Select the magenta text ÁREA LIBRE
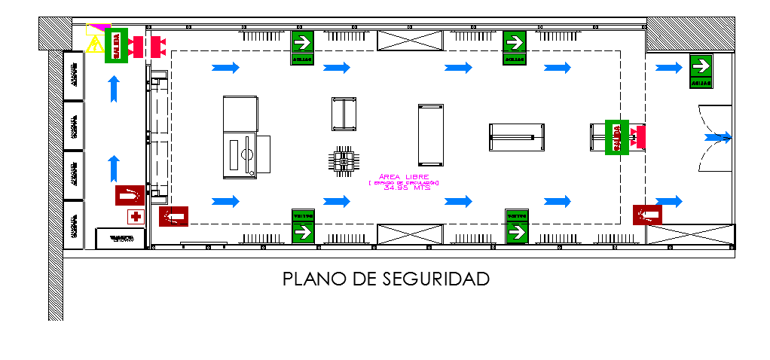pyautogui.click(x=405, y=177)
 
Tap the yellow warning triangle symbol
pyautogui.click(x=95, y=45)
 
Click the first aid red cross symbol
pyautogui.click(x=136, y=217)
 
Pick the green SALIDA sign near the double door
pyautogui.click(x=617, y=137)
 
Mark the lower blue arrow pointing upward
pyautogui.click(x=114, y=167)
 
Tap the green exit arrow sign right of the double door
pyautogui.click(x=701, y=70)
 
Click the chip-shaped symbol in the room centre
pyautogui.click(x=344, y=160)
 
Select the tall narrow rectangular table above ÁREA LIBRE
pyautogui.click(x=431, y=135)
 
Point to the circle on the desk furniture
pyautogui.click(x=246, y=154)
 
